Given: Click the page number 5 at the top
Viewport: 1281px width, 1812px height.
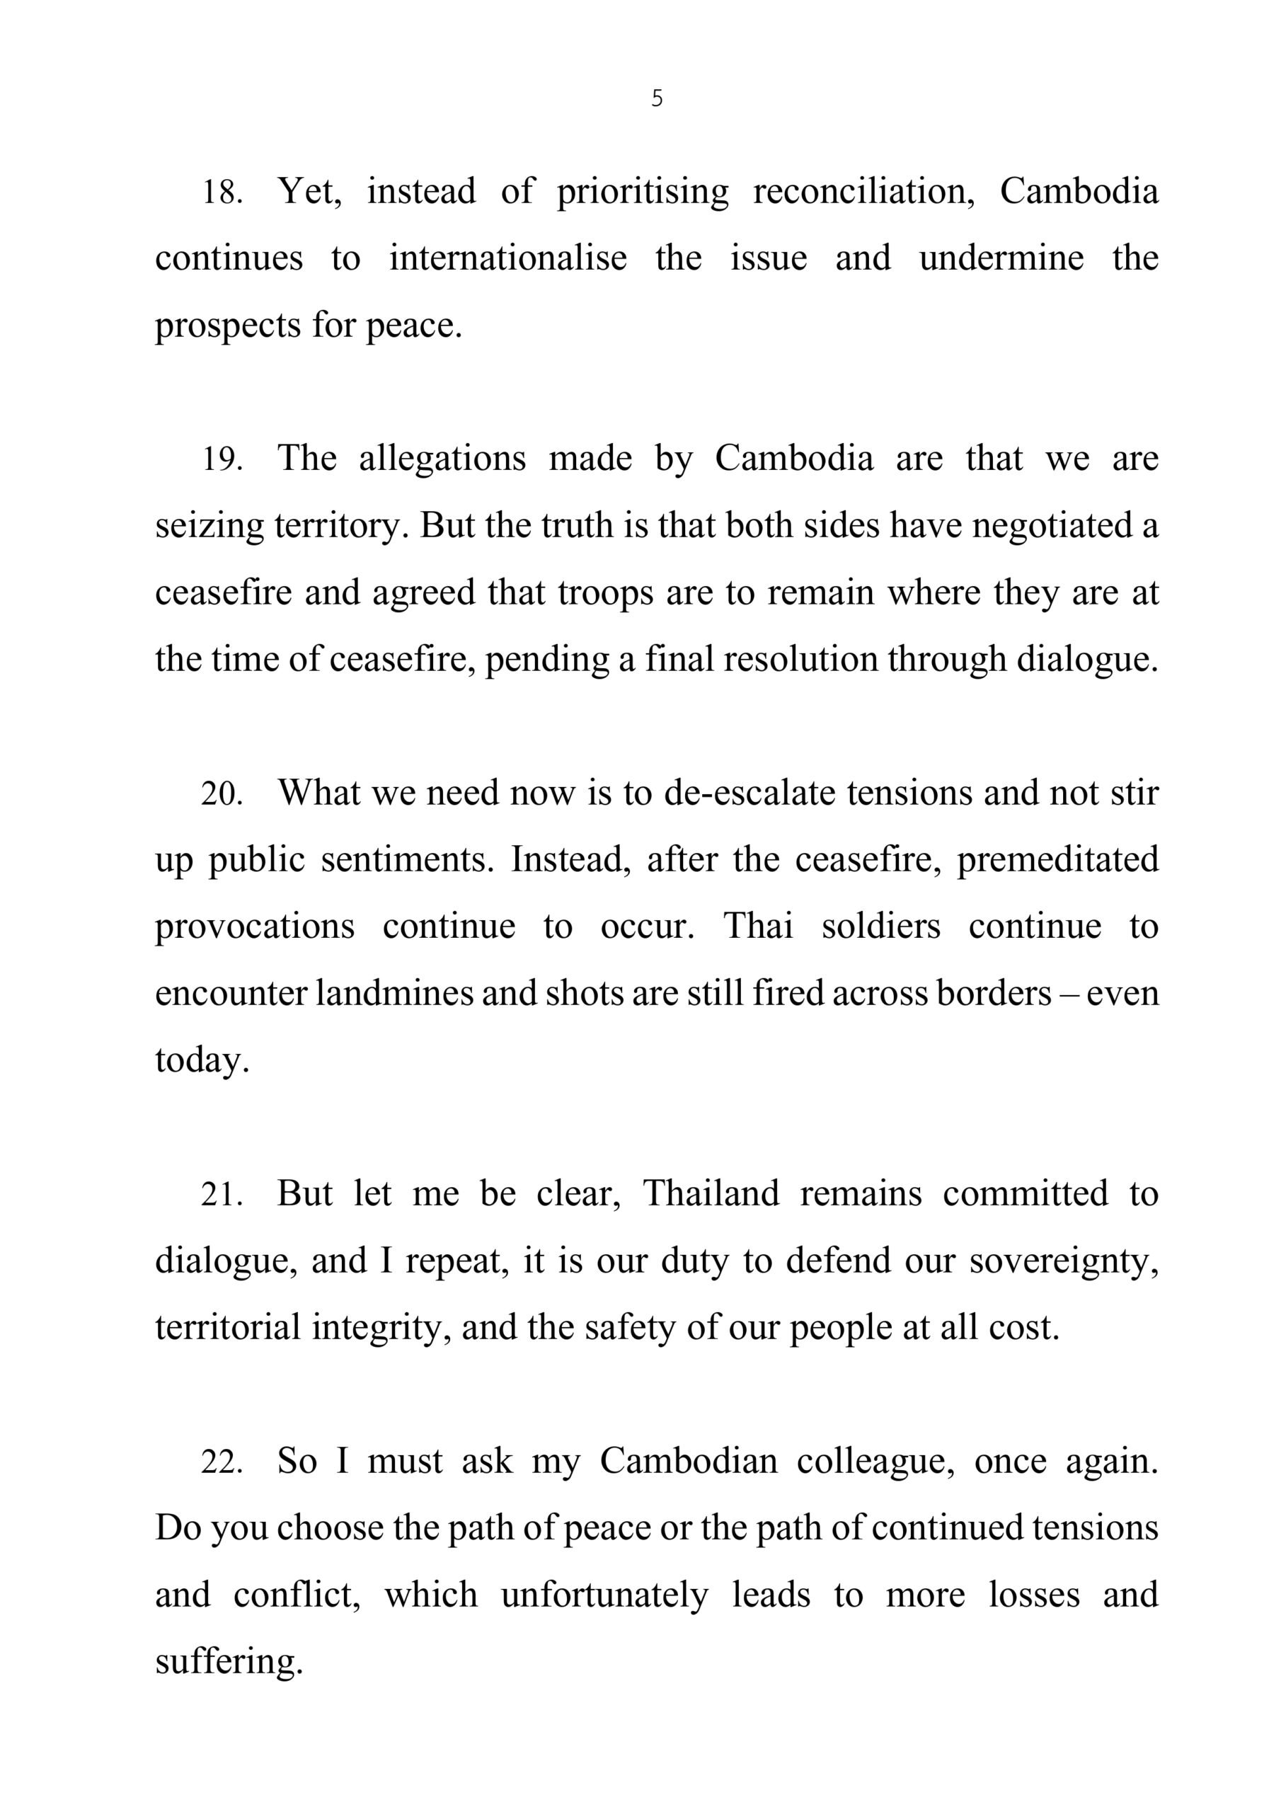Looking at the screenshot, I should tap(657, 98).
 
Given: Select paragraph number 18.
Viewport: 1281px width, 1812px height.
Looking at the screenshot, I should tap(222, 193).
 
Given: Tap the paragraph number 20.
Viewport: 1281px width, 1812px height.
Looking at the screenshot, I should tap(222, 794).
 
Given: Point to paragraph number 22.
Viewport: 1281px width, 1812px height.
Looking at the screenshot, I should tap(222, 1462).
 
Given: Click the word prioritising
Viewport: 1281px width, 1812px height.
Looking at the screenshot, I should tap(643, 193).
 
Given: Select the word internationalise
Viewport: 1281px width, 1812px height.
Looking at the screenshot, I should tap(507, 259).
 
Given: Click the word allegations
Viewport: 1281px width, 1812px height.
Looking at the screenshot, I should tap(442, 459).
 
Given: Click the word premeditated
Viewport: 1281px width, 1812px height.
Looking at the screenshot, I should tap(1057, 860).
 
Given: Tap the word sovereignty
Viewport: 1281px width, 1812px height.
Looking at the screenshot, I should tap(1063, 1261).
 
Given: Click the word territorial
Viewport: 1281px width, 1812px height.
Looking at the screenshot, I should tap(227, 1329).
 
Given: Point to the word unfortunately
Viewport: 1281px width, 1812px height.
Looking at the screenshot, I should tap(604, 1595).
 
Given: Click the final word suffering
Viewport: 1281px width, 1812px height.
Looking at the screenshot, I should tap(229, 1663).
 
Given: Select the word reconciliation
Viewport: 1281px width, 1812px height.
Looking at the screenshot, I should tap(864, 193).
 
